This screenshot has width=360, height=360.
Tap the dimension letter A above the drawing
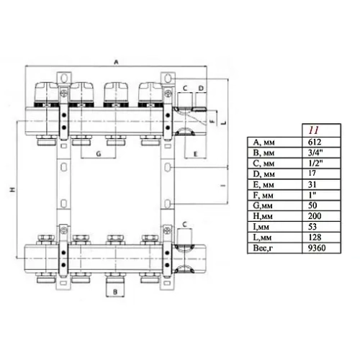tap(116, 63)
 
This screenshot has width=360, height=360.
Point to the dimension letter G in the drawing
tap(97, 155)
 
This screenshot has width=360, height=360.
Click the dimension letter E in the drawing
tap(195, 155)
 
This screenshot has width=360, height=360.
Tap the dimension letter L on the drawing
tap(225, 122)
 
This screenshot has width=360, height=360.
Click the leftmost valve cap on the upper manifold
tap(47, 92)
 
